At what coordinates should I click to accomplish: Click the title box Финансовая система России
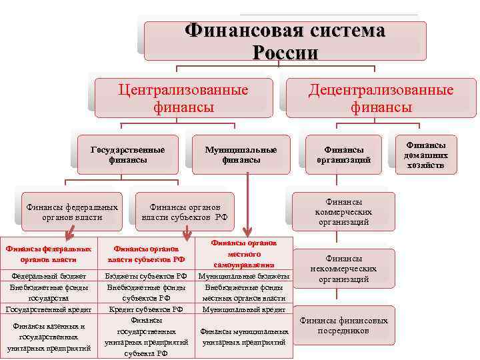285,41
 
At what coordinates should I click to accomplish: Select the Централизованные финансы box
183,98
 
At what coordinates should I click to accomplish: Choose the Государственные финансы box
127,155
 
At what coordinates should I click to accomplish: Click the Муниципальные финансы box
241,155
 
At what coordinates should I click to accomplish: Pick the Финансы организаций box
344,155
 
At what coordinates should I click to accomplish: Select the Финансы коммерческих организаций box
344,211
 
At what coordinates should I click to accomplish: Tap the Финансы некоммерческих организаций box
344,269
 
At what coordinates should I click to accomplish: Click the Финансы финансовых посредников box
344,325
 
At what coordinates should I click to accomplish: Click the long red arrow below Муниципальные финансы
247,203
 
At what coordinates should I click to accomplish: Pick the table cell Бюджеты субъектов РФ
146,275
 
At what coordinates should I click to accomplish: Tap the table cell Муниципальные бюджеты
244,275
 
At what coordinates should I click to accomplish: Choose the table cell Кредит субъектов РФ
146,309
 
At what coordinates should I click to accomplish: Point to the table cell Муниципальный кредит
244,309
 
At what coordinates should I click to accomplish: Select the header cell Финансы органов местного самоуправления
244,254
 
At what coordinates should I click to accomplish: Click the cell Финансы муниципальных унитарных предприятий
244,336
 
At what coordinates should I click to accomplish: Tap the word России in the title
285,52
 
